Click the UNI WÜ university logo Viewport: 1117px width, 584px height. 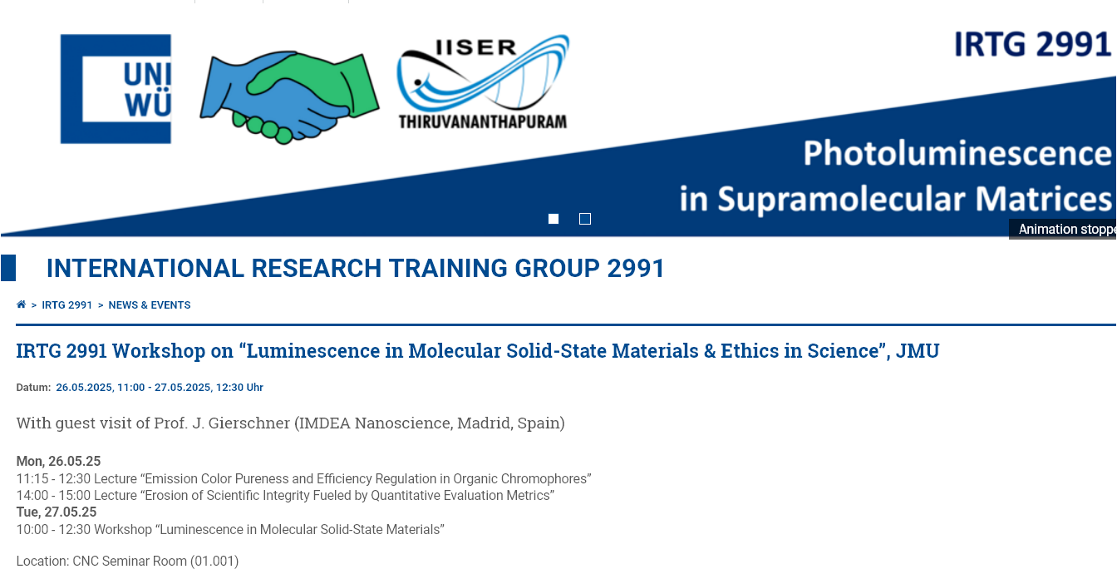116,89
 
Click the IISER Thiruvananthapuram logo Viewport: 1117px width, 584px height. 483,82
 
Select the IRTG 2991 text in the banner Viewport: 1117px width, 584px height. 1032,44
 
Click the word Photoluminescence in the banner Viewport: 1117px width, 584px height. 957,153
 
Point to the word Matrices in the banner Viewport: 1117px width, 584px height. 1043,199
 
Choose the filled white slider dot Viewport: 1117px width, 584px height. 554,219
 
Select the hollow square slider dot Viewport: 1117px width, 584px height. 585,219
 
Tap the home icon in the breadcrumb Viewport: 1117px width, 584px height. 21,304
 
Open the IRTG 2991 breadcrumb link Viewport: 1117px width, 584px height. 66,305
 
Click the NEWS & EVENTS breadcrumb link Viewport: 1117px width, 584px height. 150,305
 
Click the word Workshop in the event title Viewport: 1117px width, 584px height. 159,351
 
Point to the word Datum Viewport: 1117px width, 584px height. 33,388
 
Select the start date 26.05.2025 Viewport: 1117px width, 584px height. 85,388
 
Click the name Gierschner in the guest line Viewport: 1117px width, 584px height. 248,423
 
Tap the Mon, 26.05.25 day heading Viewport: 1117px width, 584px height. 58,461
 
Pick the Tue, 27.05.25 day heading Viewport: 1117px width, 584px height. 57,512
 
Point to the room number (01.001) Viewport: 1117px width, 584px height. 214,561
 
